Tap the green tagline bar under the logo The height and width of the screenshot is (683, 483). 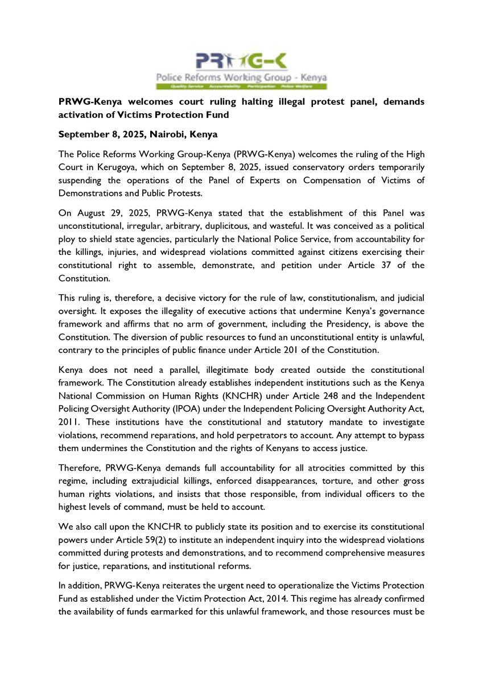[241, 86]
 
